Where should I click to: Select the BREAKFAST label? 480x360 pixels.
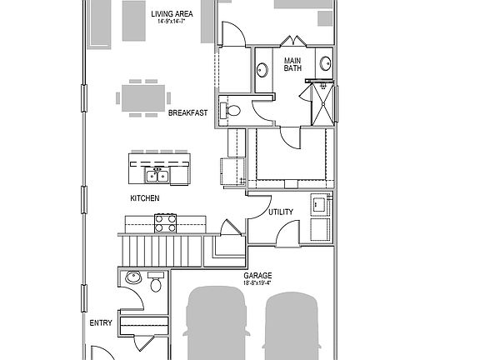187,112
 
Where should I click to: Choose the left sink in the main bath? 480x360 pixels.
261,70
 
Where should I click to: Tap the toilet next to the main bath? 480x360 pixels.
232,109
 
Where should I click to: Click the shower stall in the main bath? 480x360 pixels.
321,103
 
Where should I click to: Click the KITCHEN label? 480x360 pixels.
144,198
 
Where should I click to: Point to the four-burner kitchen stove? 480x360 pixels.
166,222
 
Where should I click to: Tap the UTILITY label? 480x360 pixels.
280,212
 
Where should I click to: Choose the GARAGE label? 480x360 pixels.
257,274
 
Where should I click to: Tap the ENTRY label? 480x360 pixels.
100,322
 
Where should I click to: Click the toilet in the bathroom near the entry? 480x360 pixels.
155,284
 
